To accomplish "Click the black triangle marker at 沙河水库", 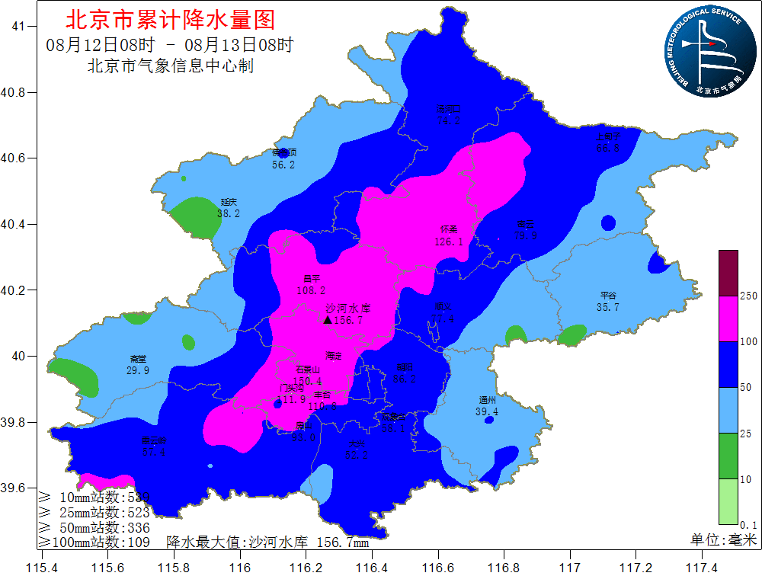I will pyautogui.click(x=327, y=321).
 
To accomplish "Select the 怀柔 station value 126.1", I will pyautogui.click(x=449, y=242).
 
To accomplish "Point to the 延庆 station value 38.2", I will pyautogui.click(x=229, y=214).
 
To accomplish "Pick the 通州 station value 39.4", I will pyautogui.click(x=487, y=412).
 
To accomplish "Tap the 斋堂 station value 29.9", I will pyautogui.click(x=138, y=370).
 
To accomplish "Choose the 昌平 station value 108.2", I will pyautogui.click(x=311, y=290).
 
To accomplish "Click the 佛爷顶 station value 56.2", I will pyautogui.click(x=283, y=165).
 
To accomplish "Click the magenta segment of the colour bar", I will pyautogui.click(x=728, y=318).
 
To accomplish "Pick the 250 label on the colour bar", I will pyautogui.click(x=748, y=296).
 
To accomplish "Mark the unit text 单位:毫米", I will pyautogui.click(x=723, y=539).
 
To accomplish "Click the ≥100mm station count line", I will pyautogui.click(x=94, y=542).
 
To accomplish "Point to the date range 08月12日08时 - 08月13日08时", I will pyautogui.click(x=169, y=44).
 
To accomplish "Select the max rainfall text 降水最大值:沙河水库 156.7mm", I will pyautogui.click(x=267, y=542).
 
